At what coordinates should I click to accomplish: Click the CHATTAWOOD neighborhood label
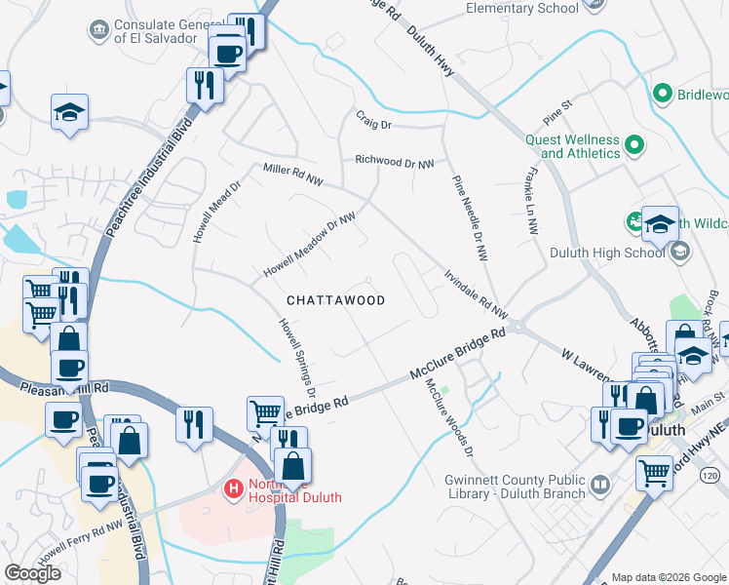[x=335, y=300]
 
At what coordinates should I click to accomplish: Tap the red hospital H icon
[x=234, y=487]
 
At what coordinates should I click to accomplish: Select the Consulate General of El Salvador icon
[x=97, y=31]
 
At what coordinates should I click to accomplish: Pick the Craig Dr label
[x=372, y=125]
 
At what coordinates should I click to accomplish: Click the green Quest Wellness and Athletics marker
[x=634, y=146]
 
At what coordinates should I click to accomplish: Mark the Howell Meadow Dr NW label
[x=309, y=244]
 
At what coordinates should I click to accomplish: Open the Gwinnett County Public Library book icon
[x=601, y=483]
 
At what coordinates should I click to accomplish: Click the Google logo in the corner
[x=32, y=573]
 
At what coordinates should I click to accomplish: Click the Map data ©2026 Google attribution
[x=669, y=576]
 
